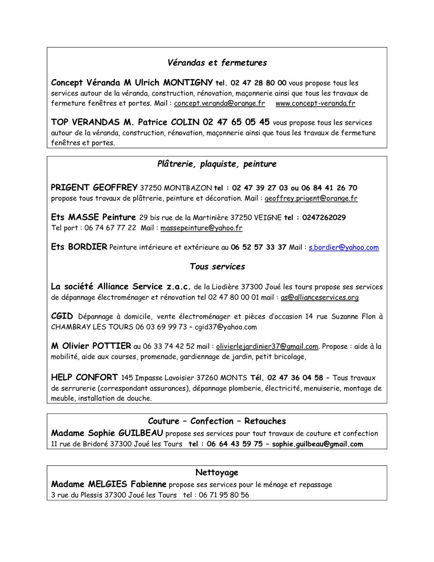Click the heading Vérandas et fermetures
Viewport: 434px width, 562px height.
217,62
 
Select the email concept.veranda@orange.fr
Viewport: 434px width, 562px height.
220,103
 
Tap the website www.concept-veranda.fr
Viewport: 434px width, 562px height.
315,103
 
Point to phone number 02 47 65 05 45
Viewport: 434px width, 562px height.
236,122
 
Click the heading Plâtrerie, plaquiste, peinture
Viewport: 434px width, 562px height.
217,164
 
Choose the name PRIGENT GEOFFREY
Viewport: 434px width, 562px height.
94,188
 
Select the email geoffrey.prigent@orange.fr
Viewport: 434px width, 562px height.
311,198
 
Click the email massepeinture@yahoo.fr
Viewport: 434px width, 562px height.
201,228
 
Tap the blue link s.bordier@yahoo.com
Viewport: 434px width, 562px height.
344,247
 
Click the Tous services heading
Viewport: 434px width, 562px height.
217,266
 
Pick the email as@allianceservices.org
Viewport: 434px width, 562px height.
320,297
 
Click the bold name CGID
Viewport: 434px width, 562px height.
62,316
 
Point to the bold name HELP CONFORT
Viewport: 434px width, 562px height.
84,377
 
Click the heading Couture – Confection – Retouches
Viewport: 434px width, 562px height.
217,421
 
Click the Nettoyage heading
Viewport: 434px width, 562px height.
217,472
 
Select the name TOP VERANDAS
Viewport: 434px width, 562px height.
85,122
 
